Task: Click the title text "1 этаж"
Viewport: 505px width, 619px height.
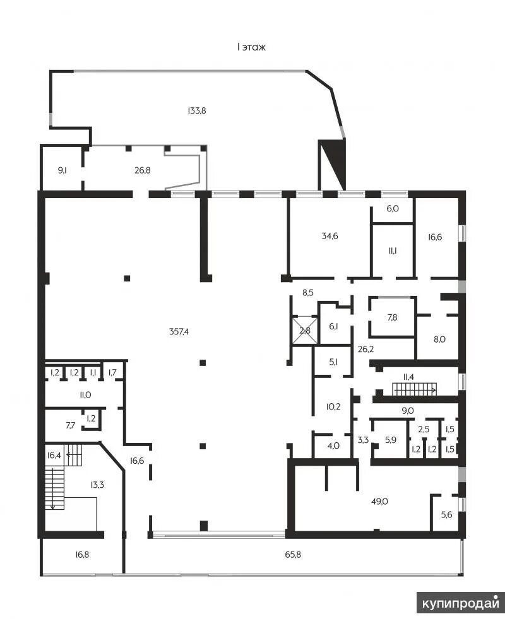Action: point(251,47)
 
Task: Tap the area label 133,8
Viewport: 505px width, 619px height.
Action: point(196,111)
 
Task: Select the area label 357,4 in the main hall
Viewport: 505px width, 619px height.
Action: point(179,332)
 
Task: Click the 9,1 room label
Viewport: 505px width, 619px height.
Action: point(62,170)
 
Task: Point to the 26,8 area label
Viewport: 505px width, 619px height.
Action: point(142,170)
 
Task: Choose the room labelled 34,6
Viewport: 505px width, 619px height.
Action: point(330,236)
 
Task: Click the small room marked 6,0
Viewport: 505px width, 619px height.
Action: point(393,209)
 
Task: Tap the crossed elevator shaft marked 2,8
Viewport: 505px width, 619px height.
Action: point(305,331)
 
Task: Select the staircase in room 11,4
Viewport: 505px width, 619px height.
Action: point(415,390)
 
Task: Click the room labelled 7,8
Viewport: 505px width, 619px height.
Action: point(392,317)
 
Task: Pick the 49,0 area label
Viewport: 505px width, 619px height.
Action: point(379,502)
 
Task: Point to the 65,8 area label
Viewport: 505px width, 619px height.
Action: point(293,555)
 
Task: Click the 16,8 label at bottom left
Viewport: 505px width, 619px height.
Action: point(82,555)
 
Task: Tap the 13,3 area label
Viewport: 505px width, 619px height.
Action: point(97,485)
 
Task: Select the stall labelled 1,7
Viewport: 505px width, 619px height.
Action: point(112,372)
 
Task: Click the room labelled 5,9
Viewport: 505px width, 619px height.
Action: point(391,440)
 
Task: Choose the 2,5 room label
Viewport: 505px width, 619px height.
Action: point(424,429)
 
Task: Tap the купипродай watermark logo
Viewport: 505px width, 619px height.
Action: point(461,603)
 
